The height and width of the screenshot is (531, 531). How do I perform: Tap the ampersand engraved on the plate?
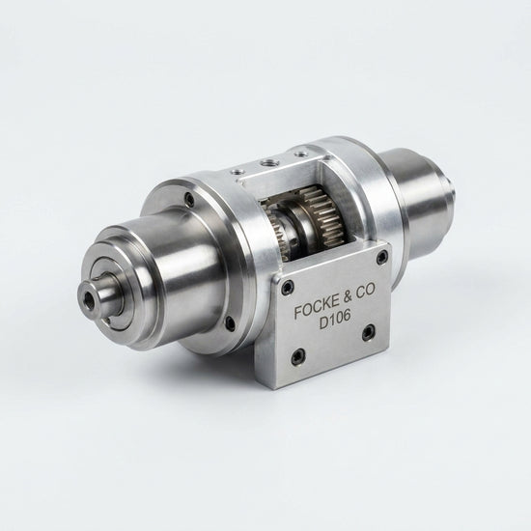[349, 296]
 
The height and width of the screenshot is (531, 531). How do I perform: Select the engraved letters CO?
[367, 291]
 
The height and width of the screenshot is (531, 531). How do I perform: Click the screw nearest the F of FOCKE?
[287, 286]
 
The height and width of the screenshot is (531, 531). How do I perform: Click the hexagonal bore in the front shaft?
[90, 298]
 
